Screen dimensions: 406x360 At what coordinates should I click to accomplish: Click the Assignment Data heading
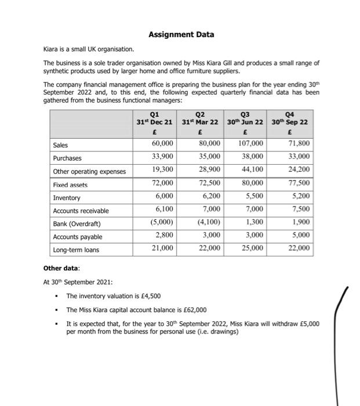coord(181,35)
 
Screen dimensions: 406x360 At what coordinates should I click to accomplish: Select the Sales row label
coord(60,145)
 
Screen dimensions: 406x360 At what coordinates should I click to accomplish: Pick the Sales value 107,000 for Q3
coord(250,143)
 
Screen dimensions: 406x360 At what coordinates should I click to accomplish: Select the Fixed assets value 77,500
coord(297,183)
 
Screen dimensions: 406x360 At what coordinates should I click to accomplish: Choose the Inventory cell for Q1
coord(162,196)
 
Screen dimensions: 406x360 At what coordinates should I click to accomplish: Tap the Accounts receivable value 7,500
coord(299,209)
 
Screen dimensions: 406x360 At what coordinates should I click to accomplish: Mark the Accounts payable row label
coord(77,237)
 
